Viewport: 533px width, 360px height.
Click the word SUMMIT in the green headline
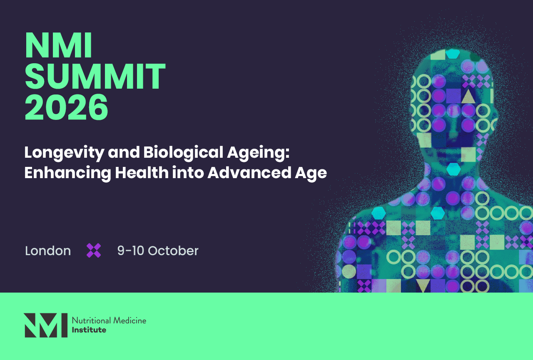coord(95,76)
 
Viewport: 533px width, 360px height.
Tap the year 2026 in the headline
coord(66,107)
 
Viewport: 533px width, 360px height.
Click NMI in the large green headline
coord(59,45)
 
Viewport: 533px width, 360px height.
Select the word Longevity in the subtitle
coord(64,153)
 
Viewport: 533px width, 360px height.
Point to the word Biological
coord(183,153)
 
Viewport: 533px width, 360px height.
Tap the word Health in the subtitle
coord(142,172)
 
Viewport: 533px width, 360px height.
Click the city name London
coord(48,251)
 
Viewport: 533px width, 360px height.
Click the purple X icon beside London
coord(94,251)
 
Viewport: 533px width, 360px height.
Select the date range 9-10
coord(131,251)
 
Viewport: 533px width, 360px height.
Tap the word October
coord(173,251)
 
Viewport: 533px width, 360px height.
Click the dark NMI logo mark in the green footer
coord(45,325)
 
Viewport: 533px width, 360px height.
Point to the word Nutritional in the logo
coord(91,320)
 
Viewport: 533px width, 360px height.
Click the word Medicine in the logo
coord(130,320)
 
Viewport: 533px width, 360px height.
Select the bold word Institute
coord(89,330)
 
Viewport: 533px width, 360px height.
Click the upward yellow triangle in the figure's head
coord(468,97)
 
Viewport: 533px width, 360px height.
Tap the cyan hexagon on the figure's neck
coord(453,169)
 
